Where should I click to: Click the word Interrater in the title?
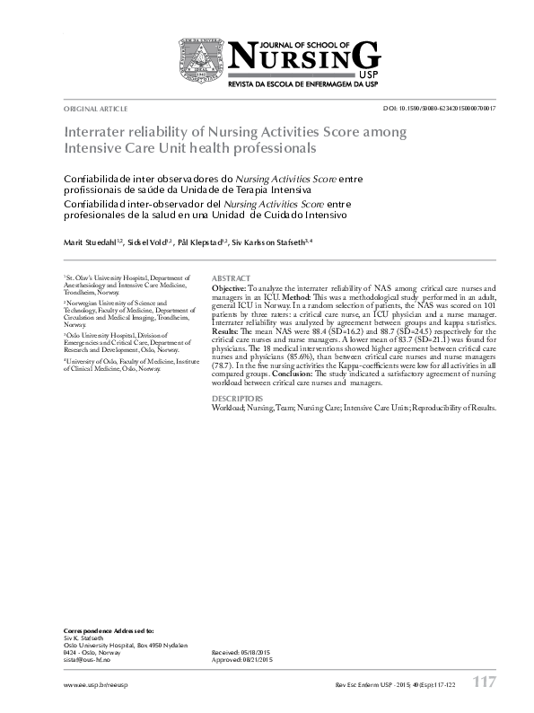coord(97,131)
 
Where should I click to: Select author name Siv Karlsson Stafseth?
coord(270,242)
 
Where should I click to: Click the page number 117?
coord(483,682)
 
